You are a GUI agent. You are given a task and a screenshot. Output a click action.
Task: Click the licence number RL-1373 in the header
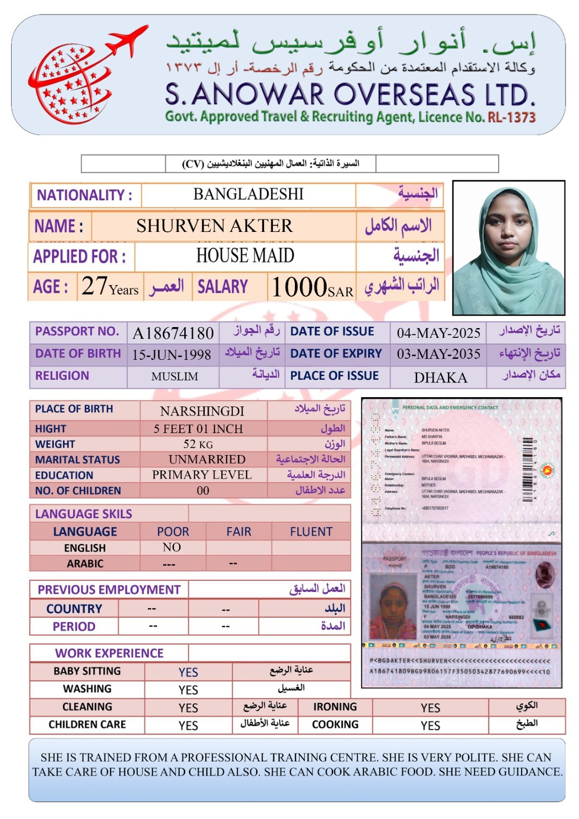point(511,117)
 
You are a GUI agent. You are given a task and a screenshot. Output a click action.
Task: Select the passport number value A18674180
point(173,333)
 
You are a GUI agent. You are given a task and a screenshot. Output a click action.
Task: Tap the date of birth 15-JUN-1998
point(171,355)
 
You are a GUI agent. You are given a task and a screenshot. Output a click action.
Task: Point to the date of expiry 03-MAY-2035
point(439,354)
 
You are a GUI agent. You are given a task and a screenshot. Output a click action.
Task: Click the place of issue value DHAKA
point(440,378)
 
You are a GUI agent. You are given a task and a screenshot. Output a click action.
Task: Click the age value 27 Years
point(110,287)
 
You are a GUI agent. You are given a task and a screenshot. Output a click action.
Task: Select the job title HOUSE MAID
point(245,255)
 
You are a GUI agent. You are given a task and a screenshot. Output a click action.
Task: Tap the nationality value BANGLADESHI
point(248,195)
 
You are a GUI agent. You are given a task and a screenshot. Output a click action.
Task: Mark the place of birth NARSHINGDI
point(202,411)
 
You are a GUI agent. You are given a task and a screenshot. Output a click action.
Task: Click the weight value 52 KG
point(198,444)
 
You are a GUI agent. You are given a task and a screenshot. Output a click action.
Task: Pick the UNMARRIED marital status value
point(207,460)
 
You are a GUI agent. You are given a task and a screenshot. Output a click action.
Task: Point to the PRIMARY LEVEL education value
point(202,475)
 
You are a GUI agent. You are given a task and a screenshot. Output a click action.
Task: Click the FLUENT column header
point(311,532)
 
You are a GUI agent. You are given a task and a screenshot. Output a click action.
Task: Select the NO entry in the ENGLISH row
point(171,547)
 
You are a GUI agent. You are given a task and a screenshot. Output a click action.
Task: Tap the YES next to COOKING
point(430,725)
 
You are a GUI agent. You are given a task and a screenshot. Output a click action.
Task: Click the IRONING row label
point(335,707)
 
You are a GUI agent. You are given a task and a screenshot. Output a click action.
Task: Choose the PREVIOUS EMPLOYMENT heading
point(109,590)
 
